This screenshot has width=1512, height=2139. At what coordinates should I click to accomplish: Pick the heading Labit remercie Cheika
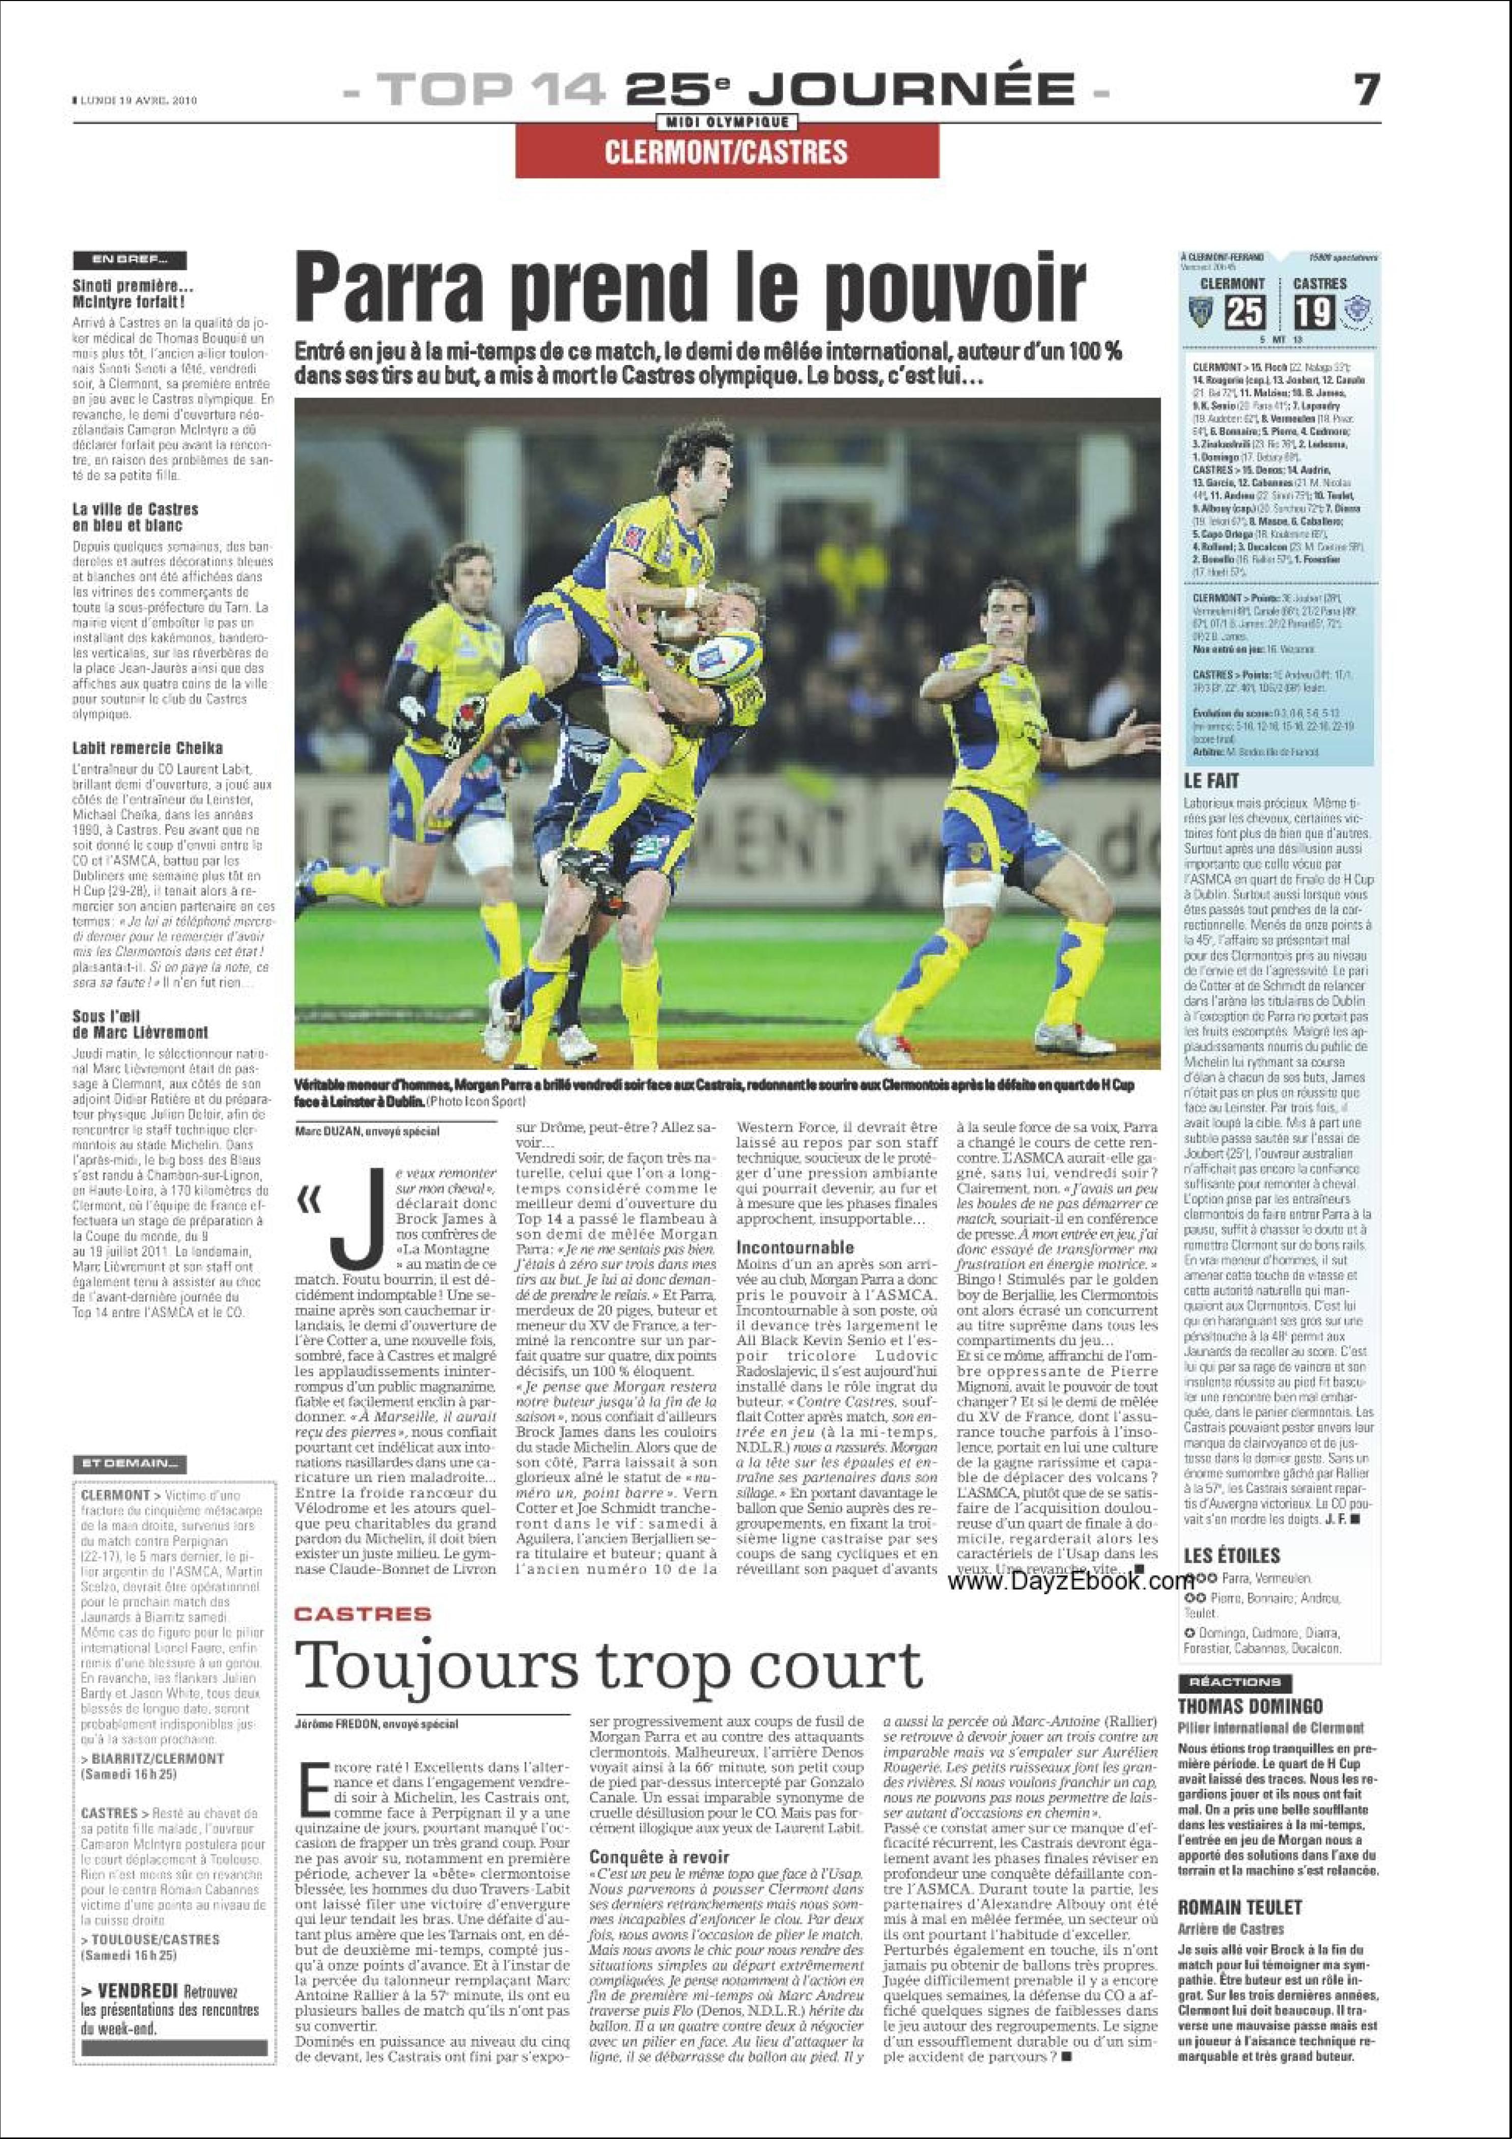coord(147,747)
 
